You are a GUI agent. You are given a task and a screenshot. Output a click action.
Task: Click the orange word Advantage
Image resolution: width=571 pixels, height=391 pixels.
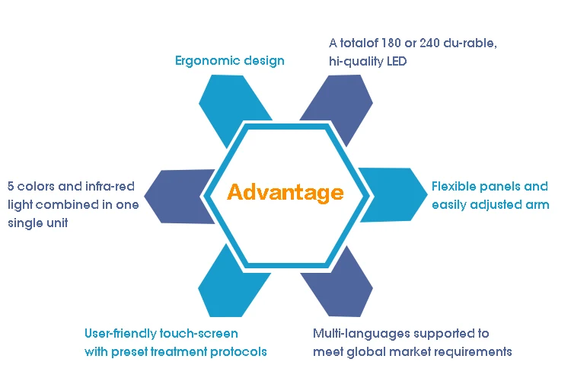pos(285,192)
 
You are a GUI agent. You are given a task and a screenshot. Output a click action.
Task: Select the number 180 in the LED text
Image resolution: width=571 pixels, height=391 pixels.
pos(391,43)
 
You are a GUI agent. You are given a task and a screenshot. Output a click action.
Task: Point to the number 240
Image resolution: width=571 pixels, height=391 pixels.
pos(429,43)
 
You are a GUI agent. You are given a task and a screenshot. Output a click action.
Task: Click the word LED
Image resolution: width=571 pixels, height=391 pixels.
pos(397,61)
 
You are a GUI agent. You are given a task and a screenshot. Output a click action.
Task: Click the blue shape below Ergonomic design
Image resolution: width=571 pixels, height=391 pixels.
pos(232,104)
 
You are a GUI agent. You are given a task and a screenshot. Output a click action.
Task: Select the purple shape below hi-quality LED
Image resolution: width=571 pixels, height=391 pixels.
pos(340,103)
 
